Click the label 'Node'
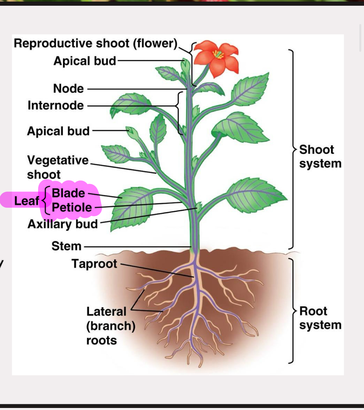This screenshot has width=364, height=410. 68,88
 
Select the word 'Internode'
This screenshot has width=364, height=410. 56,105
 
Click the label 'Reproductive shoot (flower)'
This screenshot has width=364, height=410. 95,43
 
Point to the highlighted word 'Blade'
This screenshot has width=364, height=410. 68,193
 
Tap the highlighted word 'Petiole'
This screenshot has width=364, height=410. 72,207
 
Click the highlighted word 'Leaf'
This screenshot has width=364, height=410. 26,201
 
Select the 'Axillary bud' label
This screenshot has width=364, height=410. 63,224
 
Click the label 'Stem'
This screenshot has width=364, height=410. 66,246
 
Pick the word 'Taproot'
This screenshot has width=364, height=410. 94,264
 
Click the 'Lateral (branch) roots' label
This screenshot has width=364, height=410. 111,326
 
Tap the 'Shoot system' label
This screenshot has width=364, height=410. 320,156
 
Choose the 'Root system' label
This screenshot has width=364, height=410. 320,318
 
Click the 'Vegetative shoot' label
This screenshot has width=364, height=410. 58,167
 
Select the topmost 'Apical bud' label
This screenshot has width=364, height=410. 85,61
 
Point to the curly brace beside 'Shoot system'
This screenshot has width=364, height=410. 292,149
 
